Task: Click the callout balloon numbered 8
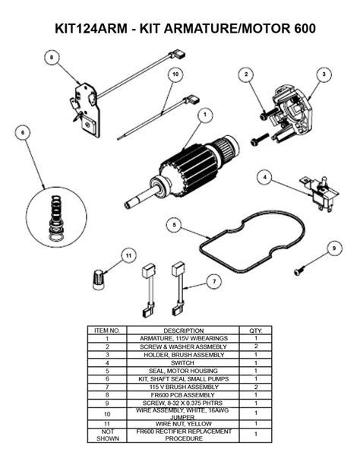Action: point(51,57)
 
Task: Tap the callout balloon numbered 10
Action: point(175,74)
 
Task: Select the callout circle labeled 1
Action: point(204,115)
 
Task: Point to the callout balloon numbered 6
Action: point(23,132)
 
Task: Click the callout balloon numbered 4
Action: point(264,177)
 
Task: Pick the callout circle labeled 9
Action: point(333,248)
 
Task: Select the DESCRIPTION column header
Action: point(183,331)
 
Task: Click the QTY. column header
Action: point(255,331)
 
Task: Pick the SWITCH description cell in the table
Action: point(183,362)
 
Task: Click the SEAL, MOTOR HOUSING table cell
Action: point(183,370)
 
